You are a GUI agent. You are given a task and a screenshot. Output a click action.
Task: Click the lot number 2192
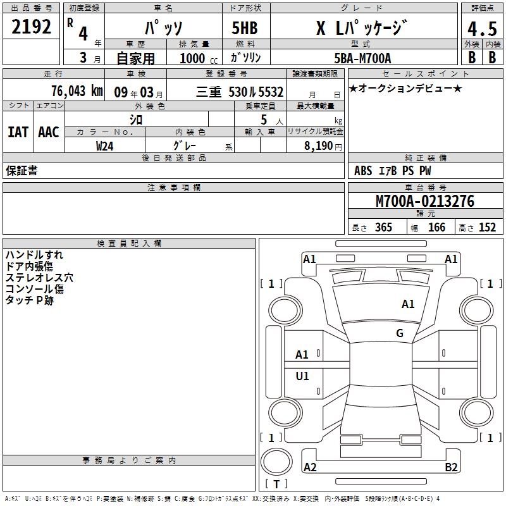pos(31,27)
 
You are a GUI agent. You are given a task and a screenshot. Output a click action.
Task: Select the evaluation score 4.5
pos(482,28)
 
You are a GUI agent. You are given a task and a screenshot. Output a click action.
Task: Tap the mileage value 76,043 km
pos(77,91)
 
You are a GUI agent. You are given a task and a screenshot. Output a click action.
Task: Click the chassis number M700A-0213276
pos(425,201)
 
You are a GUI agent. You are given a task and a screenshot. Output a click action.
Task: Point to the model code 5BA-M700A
pos(362,58)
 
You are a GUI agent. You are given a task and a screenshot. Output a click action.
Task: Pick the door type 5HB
pos(245,28)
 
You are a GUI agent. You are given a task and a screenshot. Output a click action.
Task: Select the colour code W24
pos(104,146)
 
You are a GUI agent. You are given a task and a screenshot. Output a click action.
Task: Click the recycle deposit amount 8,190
pos(318,146)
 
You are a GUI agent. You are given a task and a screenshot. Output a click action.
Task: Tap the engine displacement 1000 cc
pos(199,58)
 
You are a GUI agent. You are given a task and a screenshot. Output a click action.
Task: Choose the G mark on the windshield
pos(400,333)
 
